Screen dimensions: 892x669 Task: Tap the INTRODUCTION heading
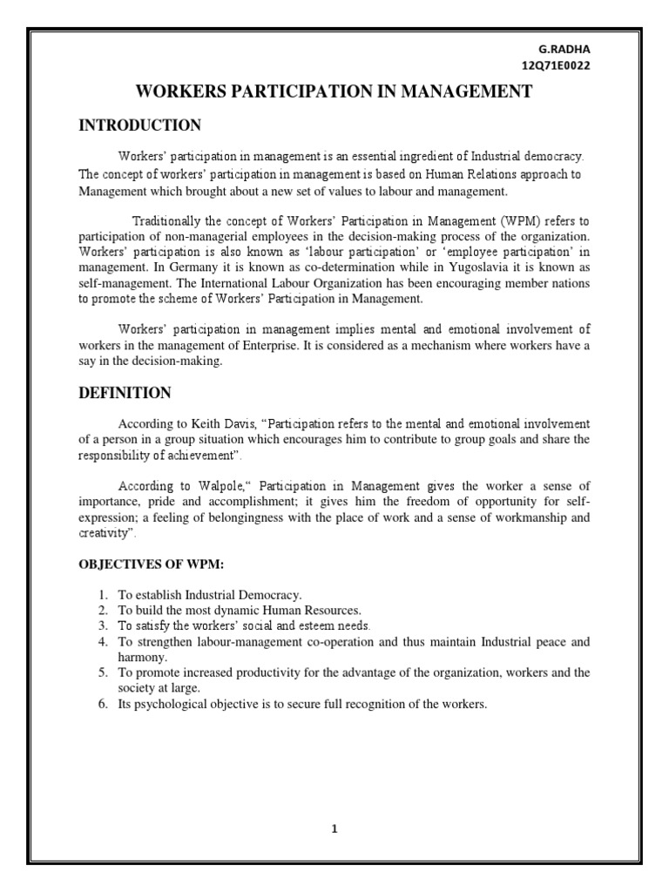coord(140,125)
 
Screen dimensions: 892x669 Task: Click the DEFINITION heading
coord(125,393)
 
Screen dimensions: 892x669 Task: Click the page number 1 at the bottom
coord(334,828)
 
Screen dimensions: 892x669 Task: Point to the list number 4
coord(102,642)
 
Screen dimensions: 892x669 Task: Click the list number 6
coord(102,703)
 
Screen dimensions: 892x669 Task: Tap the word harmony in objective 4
coord(140,658)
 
